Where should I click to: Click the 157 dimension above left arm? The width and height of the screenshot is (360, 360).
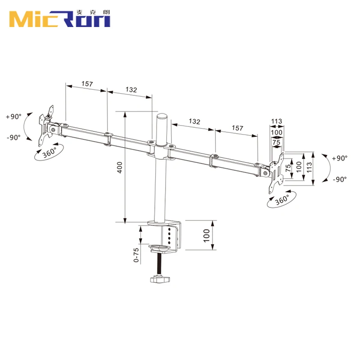point(87,84)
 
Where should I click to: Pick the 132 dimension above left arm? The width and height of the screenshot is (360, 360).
point(130,90)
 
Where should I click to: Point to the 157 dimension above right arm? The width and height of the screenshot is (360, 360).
point(237,128)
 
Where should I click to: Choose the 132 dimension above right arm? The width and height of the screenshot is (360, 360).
point(194,121)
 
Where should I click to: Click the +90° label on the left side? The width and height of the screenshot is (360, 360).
point(13,116)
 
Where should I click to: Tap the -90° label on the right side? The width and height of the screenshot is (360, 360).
point(339,179)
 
